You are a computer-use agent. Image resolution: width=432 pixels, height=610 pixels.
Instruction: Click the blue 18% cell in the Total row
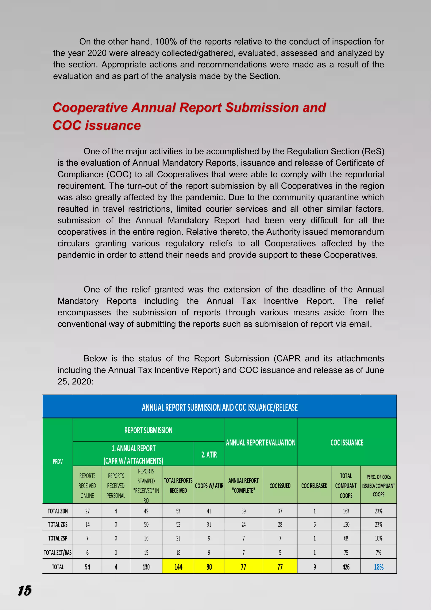pos(379,567)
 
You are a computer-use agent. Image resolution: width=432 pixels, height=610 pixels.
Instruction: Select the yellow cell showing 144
pos(178,567)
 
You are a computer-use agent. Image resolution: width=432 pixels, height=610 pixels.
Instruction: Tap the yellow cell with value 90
pos(209,567)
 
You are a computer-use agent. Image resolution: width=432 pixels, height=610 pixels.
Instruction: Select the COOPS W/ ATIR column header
pos(209,486)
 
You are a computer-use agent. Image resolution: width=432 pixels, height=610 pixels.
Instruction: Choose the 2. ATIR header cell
pos(209,454)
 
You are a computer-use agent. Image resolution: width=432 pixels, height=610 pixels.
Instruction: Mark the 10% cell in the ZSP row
pos(379,538)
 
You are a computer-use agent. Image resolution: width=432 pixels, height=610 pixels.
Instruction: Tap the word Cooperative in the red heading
pos(90,108)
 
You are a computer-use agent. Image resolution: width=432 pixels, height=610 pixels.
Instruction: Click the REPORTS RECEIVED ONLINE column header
pos(87,486)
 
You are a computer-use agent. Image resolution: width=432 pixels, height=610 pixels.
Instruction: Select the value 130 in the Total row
pos(146,567)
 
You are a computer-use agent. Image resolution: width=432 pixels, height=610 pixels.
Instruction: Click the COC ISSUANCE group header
pos(347,442)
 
